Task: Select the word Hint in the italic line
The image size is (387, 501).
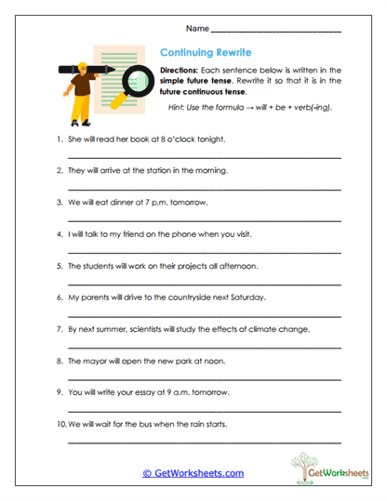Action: point(178,108)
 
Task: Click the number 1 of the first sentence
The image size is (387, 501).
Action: point(59,139)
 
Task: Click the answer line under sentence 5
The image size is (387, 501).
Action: point(204,283)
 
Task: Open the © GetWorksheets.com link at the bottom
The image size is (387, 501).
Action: point(193,473)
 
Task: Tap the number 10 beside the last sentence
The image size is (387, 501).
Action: point(60,423)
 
